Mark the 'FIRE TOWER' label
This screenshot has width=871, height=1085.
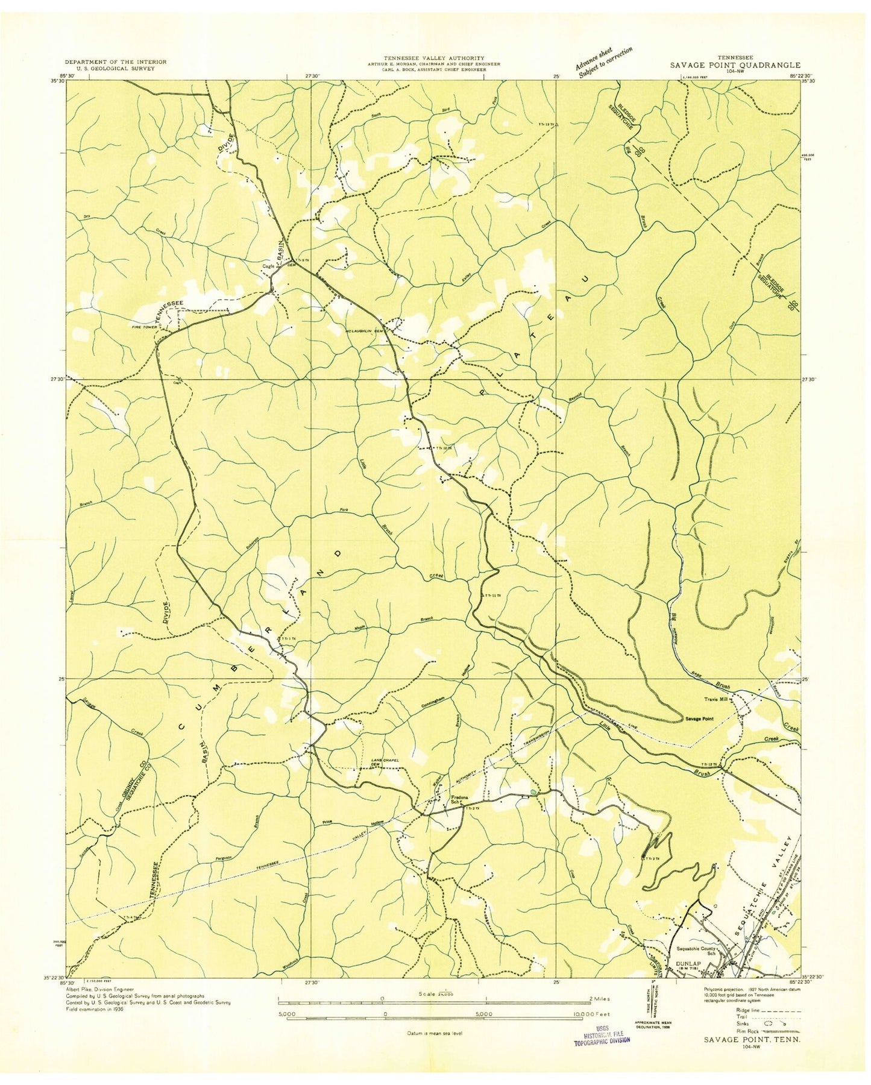coord(139,327)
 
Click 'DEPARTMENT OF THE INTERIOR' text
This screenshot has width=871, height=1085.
coord(116,61)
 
